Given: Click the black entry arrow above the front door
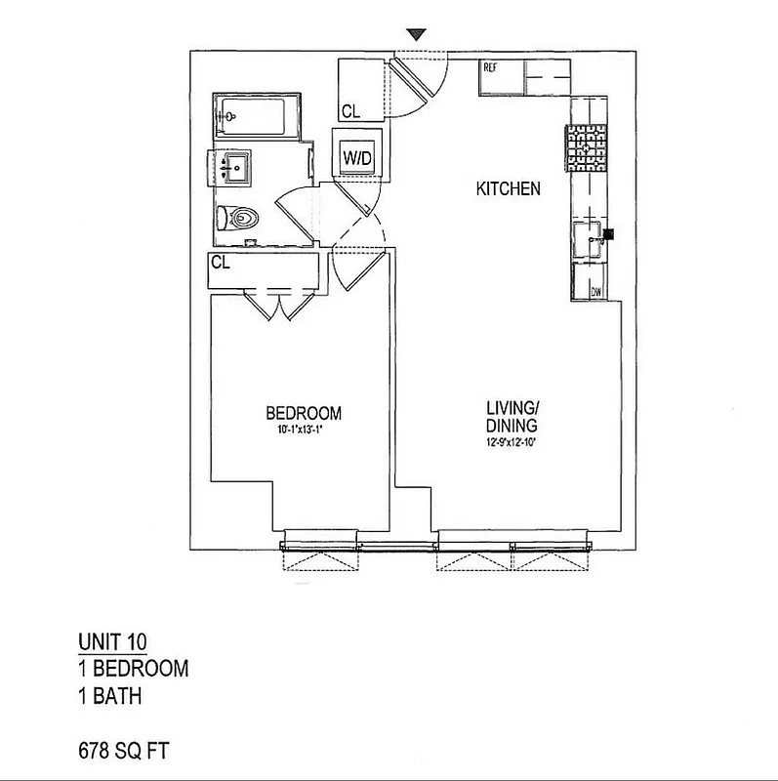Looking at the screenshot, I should pos(417,35).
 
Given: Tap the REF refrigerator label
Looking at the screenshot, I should pos(490,67).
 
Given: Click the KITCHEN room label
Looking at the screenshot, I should pos(508,189).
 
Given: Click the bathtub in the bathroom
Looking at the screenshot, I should pos(256,119).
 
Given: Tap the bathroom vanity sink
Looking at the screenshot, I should pos(234,168).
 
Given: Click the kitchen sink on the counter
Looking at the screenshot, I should pos(588,238).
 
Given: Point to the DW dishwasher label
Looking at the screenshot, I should pos(595,292).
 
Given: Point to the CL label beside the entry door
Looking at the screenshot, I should pos(348,109).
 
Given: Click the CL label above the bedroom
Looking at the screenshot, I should pos(220,262).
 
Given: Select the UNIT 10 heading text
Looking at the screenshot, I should pos(113,641).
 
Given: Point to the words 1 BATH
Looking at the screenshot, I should pos(111,697).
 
